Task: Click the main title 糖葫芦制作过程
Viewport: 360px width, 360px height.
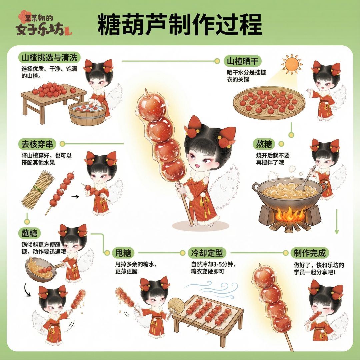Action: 180,24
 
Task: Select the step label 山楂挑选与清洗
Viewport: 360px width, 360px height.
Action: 49,57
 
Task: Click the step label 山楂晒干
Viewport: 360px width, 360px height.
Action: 243,61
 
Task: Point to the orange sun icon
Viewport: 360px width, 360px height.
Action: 292,64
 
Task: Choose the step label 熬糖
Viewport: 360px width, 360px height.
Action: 264,144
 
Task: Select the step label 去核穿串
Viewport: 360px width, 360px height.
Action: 37,144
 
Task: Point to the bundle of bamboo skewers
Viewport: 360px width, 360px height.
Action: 38,190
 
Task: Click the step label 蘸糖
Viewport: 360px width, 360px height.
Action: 29,233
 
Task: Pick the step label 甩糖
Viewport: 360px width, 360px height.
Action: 123,253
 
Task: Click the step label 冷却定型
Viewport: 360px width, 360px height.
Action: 207,253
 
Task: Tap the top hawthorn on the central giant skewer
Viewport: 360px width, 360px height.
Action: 152,107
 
